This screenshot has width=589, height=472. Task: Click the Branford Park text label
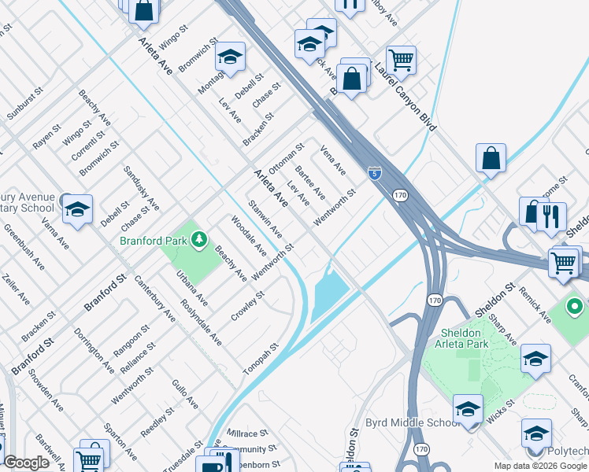(x=153, y=241)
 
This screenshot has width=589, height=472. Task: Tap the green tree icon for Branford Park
(x=199, y=239)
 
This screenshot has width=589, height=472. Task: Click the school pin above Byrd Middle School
(x=469, y=409)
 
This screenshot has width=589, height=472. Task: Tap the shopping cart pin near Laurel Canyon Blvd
(x=402, y=58)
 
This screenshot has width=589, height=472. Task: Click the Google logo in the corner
(x=26, y=463)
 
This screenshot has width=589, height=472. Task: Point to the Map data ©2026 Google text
(x=539, y=466)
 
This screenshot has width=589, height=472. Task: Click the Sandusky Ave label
(x=141, y=189)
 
